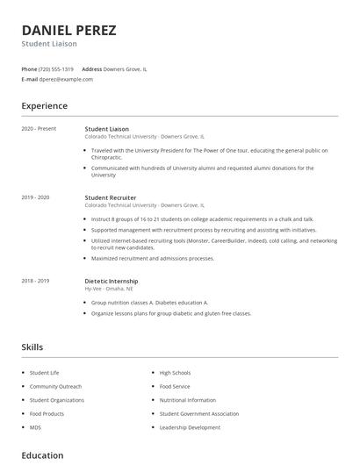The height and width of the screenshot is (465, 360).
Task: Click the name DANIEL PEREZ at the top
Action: [x=68, y=30]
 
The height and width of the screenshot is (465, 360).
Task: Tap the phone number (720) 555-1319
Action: [x=57, y=68]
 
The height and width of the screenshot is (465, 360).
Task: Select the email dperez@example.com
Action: [x=66, y=79]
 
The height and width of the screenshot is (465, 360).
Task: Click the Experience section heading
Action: [x=44, y=106]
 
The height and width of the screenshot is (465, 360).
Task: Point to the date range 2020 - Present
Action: [x=39, y=129]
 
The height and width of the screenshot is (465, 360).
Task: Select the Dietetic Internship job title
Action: [x=112, y=281]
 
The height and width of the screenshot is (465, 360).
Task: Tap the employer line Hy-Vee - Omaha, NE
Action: [x=111, y=288]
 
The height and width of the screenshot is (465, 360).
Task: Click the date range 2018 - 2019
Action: [x=36, y=281]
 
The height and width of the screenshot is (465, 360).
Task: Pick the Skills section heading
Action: [x=32, y=347]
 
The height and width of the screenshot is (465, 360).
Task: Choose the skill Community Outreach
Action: [x=55, y=386]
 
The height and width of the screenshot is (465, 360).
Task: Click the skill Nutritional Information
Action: [x=187, y=399]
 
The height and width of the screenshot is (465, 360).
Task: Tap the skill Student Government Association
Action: [x=198, y=413]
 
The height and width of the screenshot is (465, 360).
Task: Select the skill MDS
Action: [x=35, y=427]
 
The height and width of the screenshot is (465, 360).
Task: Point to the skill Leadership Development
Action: [x=190, y=427]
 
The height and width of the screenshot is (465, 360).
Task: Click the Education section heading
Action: [x=42, y=455]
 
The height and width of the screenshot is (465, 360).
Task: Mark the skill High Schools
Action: [x=175, y=373]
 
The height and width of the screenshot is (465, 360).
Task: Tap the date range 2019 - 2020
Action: [x=36, y=197]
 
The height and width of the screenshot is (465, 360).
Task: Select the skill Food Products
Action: [x=47, y=413]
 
